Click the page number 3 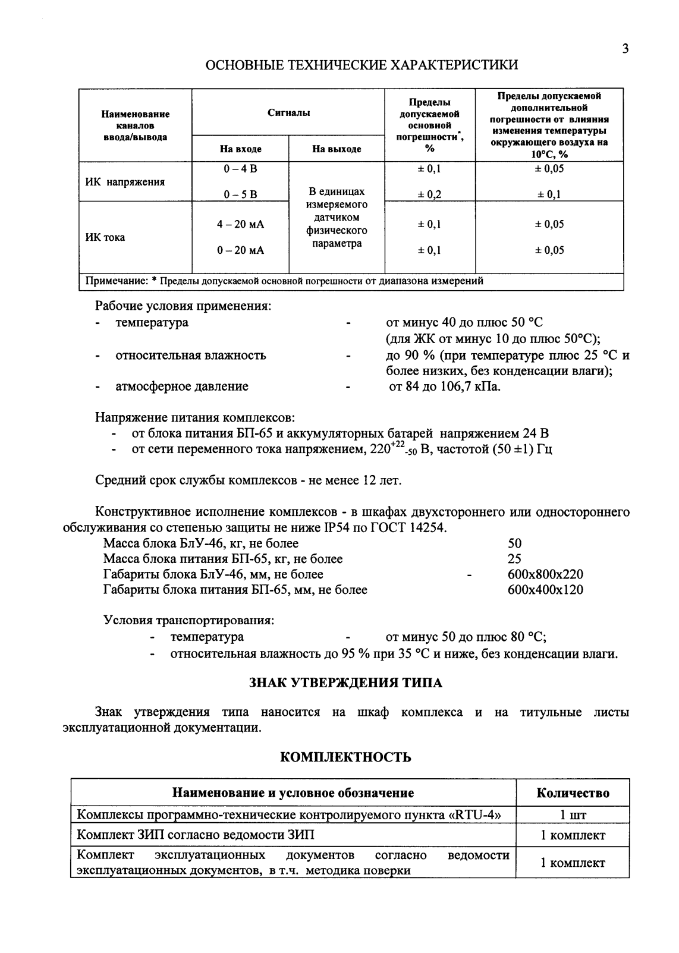pyautogui.click(x=625, y=49)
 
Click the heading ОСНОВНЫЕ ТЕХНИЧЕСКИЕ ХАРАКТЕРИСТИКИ pyautogui.click(x=361, y=65)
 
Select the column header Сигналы pyautogui.click(x=288, y=112)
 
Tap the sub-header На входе pyautogui.click(x=240, y=149)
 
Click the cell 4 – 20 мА pyautogui.click(x=240, y=224)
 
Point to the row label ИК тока pyautogui.click(x=106, y=237)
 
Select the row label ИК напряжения pyautogui.click(x=122, y=182)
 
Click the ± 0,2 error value pyautogui.click(x=429, y=194)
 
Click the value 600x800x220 pyautogui.click(x=545, y=574)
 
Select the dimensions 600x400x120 pyautogui.click(x=545, y=590)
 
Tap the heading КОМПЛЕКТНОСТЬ pyautogui.click(x=345, y=757)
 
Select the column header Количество pyautogui.click(x=573, y=793)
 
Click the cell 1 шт pyautogui.click(x=573, y=815)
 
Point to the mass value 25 pyautogui.click(x=514, y=559)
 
